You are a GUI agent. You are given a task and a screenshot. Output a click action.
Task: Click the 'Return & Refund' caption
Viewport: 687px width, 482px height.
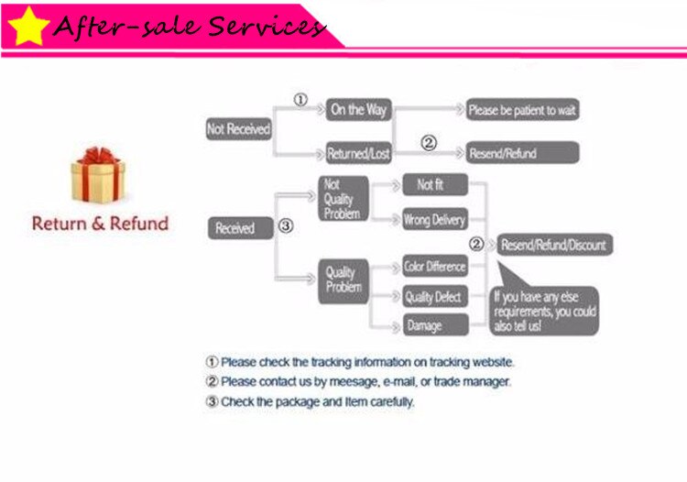click(x=100, y=223)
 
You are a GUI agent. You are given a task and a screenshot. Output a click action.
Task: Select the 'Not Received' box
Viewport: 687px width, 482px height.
click(x=238, y=129)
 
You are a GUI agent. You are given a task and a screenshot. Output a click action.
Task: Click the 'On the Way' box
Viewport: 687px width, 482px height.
click(x=358, y=110)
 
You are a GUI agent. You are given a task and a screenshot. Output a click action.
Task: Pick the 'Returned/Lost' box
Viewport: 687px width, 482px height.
click(x=358, y=154)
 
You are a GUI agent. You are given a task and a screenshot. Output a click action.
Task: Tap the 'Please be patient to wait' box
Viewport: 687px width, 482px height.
click(x=522, y=110)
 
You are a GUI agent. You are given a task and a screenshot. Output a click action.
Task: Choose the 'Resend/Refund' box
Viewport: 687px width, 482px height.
click(x=522, y=153)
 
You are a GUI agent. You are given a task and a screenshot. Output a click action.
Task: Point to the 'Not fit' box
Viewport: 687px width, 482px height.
click(x=435, y=185)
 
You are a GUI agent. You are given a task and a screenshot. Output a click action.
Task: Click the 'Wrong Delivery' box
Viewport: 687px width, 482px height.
click(x=435, y=220)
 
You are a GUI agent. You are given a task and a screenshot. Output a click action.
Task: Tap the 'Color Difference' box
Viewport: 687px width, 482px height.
click(x=435, y=267)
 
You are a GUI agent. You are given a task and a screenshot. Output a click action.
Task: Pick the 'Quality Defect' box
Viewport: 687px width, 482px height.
click(x=435, y=297)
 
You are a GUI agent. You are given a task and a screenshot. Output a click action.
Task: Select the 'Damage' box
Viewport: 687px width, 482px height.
click(x=435, y=325)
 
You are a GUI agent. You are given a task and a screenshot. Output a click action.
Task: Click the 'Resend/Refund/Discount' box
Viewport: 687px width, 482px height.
click(x=553, y=246)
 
